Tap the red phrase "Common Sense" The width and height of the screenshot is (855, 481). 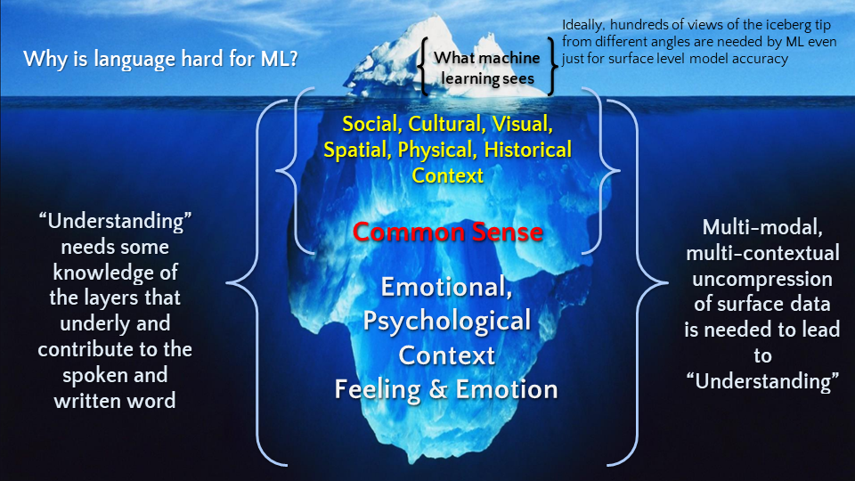tap(447, 232)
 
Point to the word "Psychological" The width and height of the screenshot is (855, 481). tap(447, 321)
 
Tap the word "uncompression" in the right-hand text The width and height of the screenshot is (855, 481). tap(759, 279)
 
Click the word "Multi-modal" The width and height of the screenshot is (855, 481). tap(759, 228)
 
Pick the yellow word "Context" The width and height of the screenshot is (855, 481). tap(447, 175)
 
